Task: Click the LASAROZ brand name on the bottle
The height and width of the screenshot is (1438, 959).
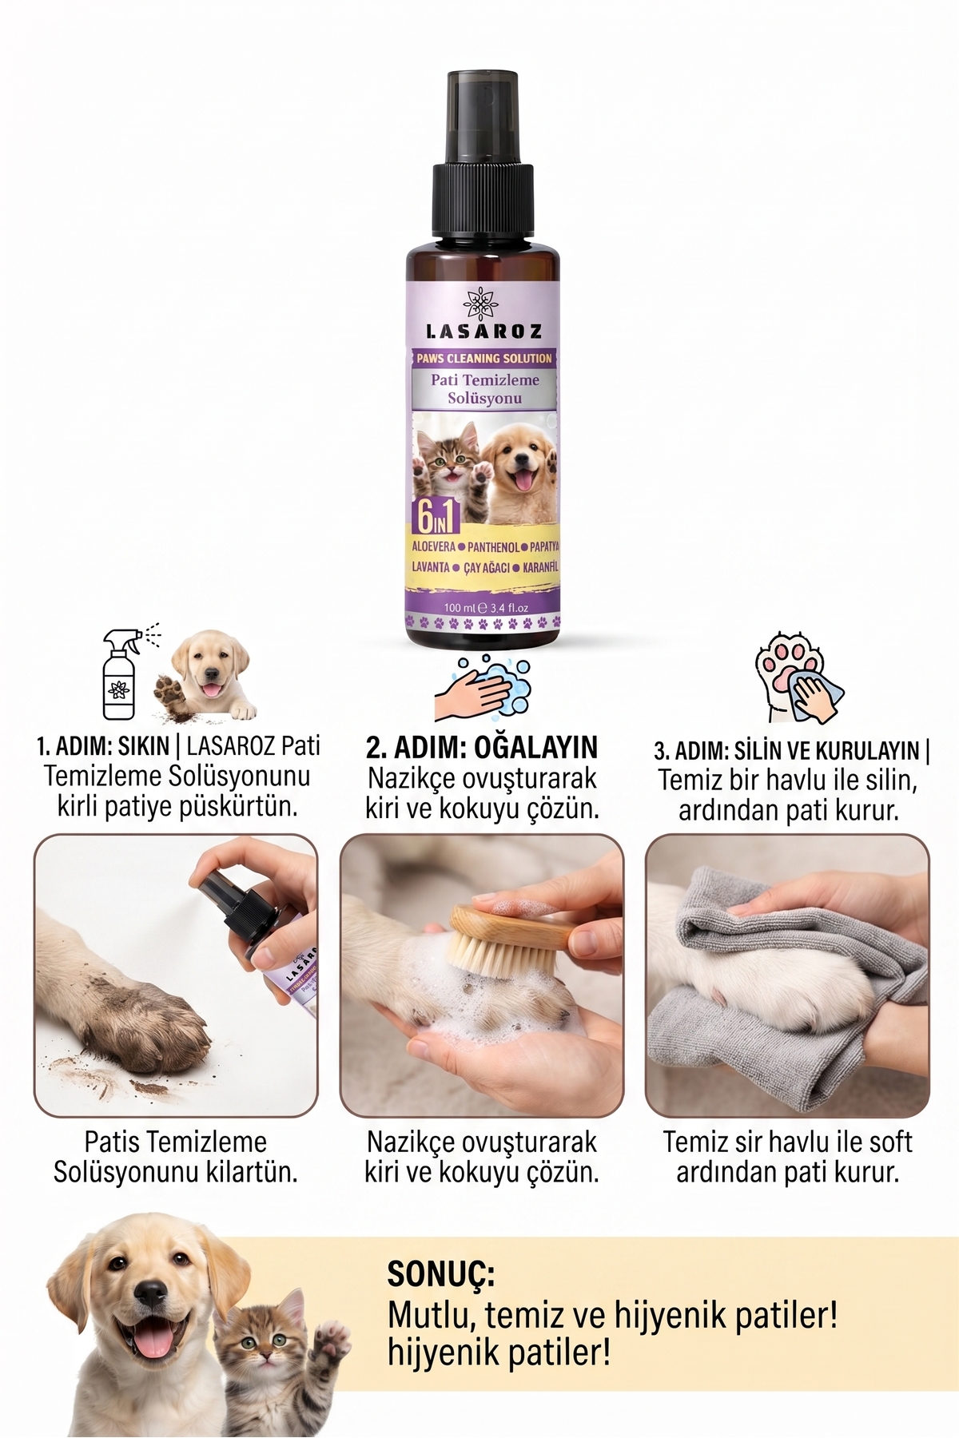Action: (x=483, y=331)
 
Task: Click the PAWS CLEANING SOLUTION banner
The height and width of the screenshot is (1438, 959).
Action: (x=483, y=358)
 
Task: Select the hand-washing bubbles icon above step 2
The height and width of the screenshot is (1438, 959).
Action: (x=482, y=688)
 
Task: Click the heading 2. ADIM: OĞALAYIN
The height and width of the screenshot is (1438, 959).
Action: (x=482, y=748)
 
